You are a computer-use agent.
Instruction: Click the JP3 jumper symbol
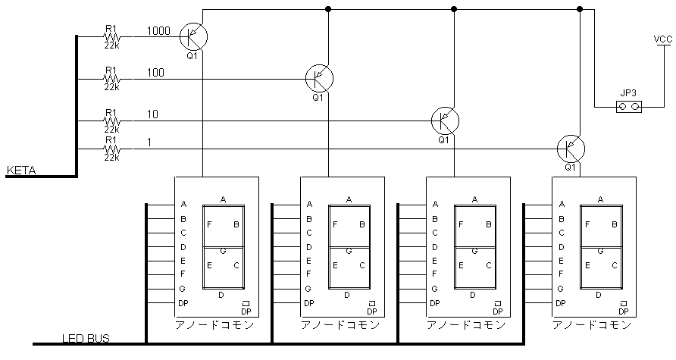click(629, 107)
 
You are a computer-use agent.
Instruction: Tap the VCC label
click(662, 39)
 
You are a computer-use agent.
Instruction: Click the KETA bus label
click(21, 171)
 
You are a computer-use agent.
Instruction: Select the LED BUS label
click(86, 338)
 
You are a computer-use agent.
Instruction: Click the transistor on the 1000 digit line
click(193, 36)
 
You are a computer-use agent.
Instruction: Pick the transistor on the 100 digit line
click(319, 79)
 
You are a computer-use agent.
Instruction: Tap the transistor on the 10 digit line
click(445, 121)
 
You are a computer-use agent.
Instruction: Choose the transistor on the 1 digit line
click(571, 149)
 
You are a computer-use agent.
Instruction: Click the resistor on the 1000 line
click(111, 36)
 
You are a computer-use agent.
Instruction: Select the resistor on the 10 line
click(111, 121)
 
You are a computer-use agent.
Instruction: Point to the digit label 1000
click(158, 31)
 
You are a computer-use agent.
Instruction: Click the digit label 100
click(155, 73)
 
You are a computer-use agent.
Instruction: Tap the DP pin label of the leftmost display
click(183, 303)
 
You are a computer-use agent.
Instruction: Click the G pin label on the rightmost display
click(561, 289)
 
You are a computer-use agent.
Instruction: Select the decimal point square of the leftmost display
click(246, 303)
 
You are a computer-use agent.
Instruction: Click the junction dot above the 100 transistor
click(328, 8)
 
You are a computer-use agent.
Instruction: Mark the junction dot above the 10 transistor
click(453, 8)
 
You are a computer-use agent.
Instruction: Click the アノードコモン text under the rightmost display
click(592, 324)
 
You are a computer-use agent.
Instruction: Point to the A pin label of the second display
click(309, 204)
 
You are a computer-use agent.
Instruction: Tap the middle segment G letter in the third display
click(474, 251)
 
